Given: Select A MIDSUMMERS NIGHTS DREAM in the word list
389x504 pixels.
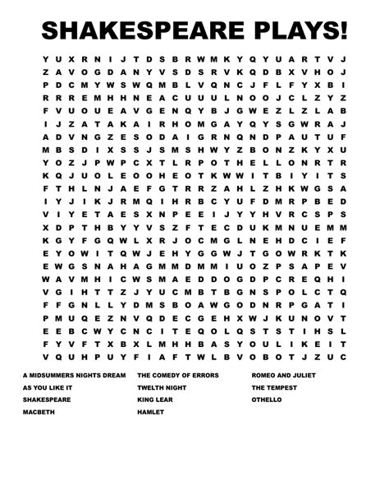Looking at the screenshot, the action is [x=74, y=374].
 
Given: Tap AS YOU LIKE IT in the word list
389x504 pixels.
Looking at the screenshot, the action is [x=48, y=386].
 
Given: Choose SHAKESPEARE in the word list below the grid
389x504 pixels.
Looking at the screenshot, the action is [x=47, y=399].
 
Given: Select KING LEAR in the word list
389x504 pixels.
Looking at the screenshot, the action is [x=155, y=399].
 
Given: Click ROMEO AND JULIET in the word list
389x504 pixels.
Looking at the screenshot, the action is [x=284, y=374].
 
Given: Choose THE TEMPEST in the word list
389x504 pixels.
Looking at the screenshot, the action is [x=275, y=386].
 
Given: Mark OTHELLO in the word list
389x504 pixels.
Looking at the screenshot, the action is [x=267, y=399].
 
